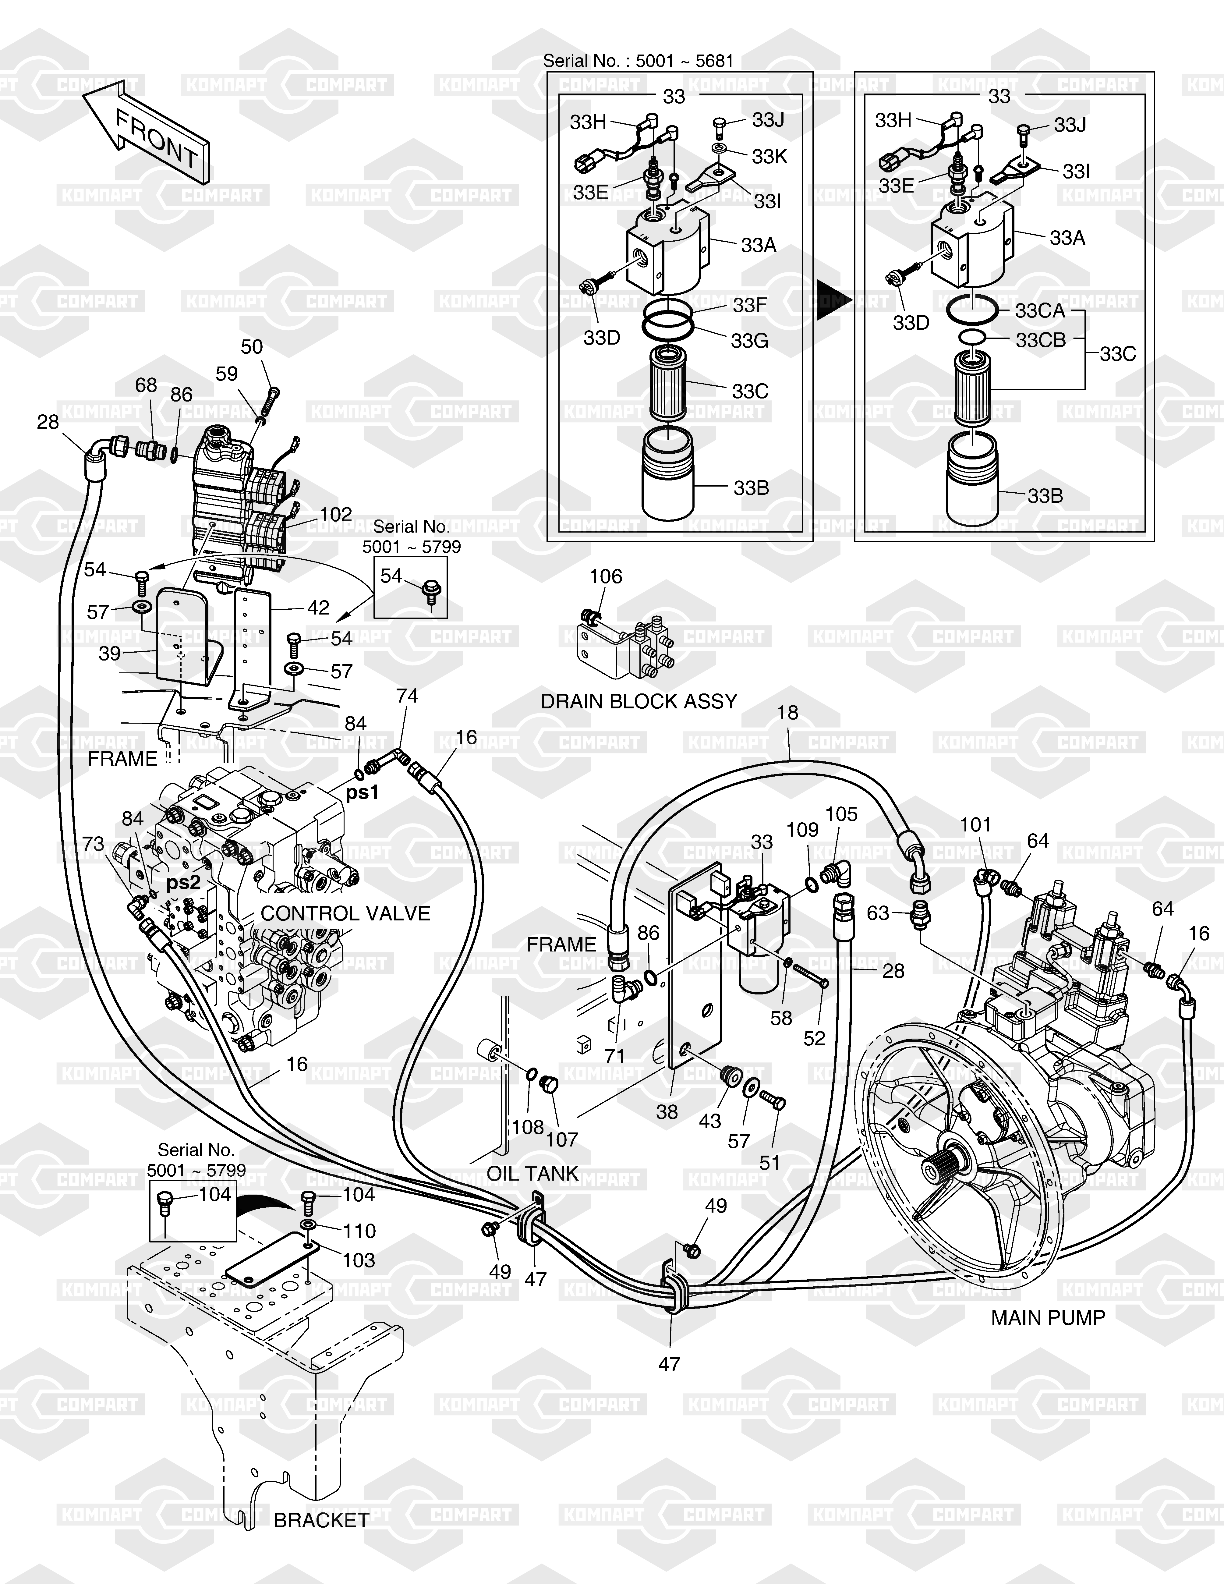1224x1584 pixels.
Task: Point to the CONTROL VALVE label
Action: point(345,913)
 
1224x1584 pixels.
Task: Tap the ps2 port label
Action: point(183,883)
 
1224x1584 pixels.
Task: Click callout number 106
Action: point(606,576)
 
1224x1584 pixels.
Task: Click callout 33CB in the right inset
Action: point(1041,340)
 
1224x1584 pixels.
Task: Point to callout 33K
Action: point(769,157)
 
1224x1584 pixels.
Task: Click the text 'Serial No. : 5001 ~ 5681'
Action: point(638,61)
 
